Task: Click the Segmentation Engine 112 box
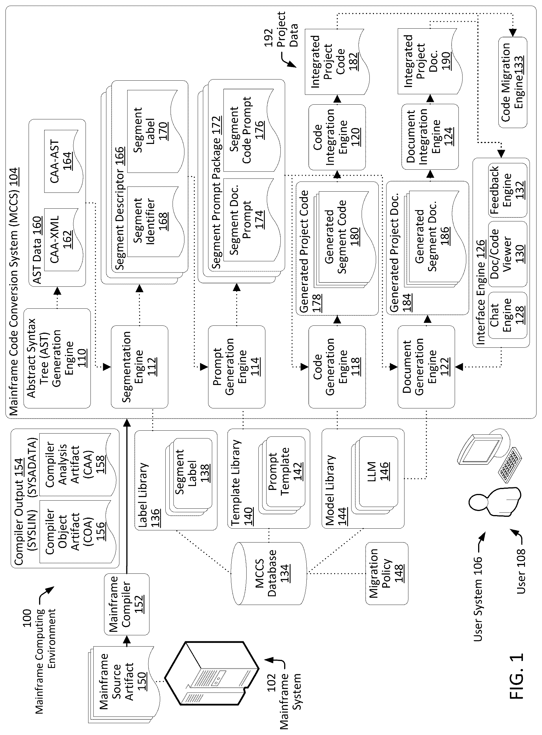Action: pyautogui.click(x=139, y=367)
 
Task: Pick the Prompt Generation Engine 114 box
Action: pyautogui.click(x=236, y=367)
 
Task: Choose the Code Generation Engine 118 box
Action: pyautogui.click(x=337, y=367)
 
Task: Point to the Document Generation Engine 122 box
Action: pyautogui.click(x=426, y=367)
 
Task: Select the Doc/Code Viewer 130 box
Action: pyautogui.click(x=508, y=254)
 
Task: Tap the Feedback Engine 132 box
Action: pyautogui.click(x=508, y=190)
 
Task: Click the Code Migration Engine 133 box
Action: pyautogui.click(x=513, y=82)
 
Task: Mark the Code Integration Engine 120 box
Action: pyautogui.click(x=337, y=137)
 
